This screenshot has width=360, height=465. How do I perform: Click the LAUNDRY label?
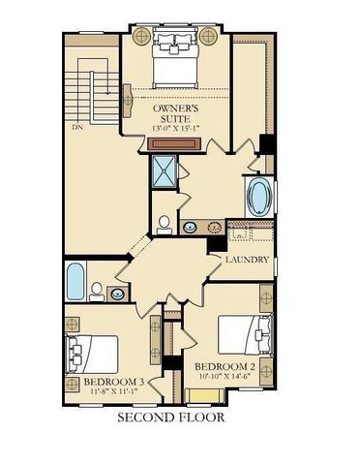(x=247, y=261)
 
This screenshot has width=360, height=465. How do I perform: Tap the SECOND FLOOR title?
(x=170, y=418)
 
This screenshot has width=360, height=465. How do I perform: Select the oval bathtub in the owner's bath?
(x=260, y=198)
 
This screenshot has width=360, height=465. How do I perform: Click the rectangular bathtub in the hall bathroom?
(x=76, y=280)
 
